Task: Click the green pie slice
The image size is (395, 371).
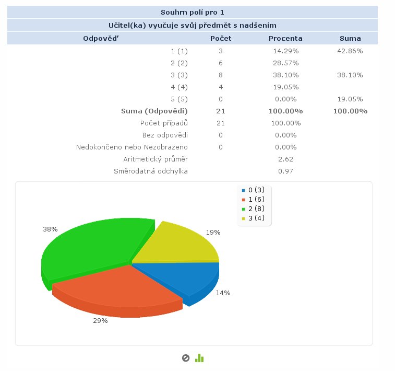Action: tap(89, 248)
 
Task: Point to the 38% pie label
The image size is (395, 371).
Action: tap(50, 229)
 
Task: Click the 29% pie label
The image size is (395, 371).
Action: tap(100, 321)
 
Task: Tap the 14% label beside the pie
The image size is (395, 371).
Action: tap(223, 293)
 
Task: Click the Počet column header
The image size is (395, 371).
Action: tap(221, 38)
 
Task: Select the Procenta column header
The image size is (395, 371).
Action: tap(285, 38)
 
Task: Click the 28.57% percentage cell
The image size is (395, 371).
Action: tap(285, 63)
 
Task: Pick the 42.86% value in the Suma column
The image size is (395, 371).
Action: tap(351, 51)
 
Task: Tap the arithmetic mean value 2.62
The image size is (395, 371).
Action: tap(285, 159)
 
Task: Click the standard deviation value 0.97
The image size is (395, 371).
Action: tap(285, 171)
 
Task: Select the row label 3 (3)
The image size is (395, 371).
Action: tap(179, 75)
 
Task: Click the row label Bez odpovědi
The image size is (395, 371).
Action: tap(165, 135)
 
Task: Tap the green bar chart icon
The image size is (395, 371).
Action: tap(199, 358)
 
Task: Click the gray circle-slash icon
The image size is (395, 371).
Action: tap(185, 358)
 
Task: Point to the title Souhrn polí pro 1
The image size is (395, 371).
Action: tap(193, 13)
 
